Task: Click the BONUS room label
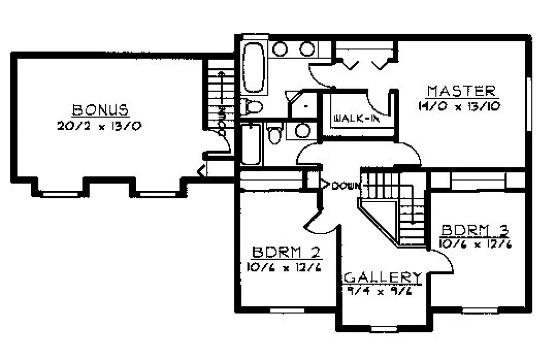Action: click(x=100, y=110)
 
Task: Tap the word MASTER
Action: click(x=462, y=91)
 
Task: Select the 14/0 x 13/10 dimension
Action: click(x=458, y=106)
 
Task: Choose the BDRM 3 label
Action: click(x=475, y=229)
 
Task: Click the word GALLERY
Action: click(x=384, y=278)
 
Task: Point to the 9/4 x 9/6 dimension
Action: click(x=381, y=290)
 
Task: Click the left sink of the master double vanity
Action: click(x=280, y=49)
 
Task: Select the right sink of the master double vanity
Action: click(x=307, y=49)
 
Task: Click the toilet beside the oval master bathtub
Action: click(x=252, y=107)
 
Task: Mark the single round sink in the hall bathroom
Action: click(x=302, y=130)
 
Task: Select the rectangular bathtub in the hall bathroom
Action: click(x=252, y=144)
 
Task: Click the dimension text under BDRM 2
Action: click(x=285, y=267)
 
